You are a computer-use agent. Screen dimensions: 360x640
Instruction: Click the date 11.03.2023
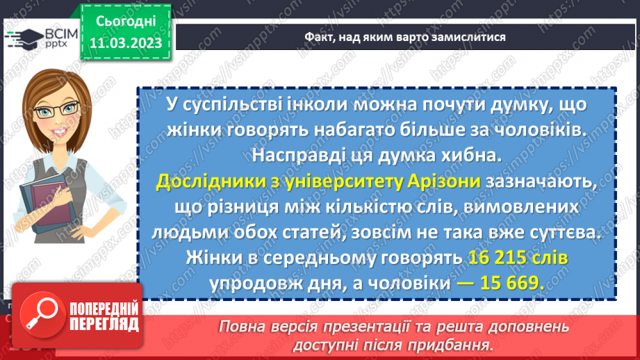coord(125,43)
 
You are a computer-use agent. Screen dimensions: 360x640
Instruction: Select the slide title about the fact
coord(404,37)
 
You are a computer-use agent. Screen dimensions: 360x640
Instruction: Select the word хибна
coord(470,156)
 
